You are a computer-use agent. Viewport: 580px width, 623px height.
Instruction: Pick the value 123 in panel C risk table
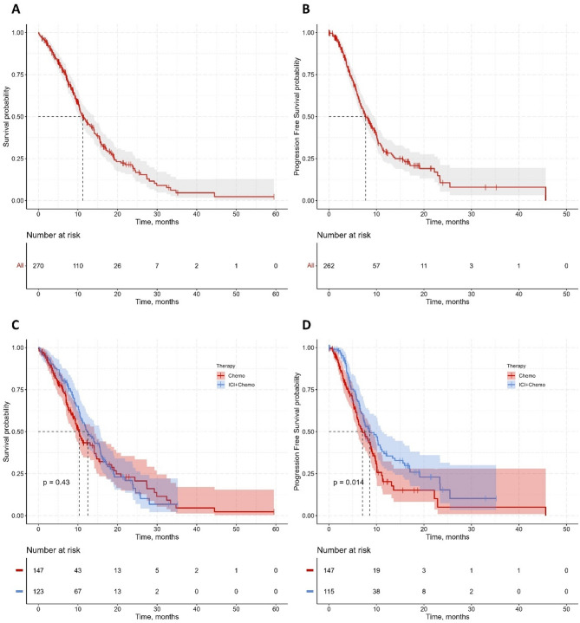(x=38, y=591)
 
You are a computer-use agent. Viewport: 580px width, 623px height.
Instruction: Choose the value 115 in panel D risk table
(x=329, y=591)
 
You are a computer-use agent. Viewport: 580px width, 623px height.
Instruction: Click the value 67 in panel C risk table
(x=78, y=591)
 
